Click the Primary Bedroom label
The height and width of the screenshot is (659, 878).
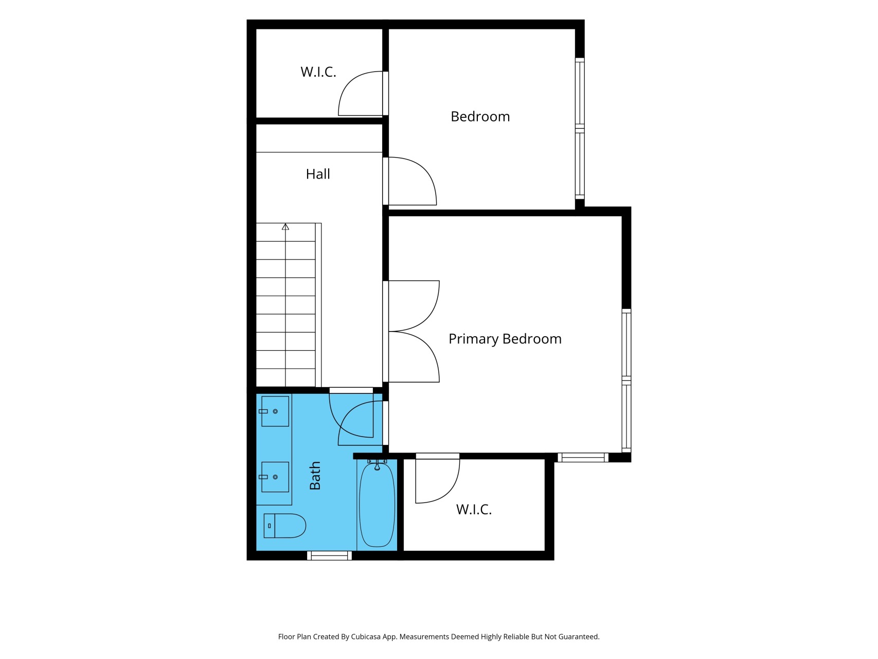click(505, 339)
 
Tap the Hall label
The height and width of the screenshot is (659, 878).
click(318, 174)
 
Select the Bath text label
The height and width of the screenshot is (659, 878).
click(315, 475)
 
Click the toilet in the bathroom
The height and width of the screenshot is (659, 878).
click(285, 526)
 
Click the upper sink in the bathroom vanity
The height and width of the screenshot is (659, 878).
click(275, 411)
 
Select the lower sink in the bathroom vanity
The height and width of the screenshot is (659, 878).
click(275, 477)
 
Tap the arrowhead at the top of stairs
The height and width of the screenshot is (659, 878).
click(285, 227)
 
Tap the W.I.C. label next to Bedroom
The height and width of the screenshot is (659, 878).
click(318, 72)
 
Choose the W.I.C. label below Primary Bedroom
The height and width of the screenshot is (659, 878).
click(474, 510)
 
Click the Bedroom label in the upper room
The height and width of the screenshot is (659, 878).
click(480, 117)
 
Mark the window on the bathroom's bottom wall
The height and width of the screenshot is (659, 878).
click(329, 556)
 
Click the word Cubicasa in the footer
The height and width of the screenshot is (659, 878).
click(366, 637)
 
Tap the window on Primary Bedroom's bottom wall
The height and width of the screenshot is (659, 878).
click(583, 457)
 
